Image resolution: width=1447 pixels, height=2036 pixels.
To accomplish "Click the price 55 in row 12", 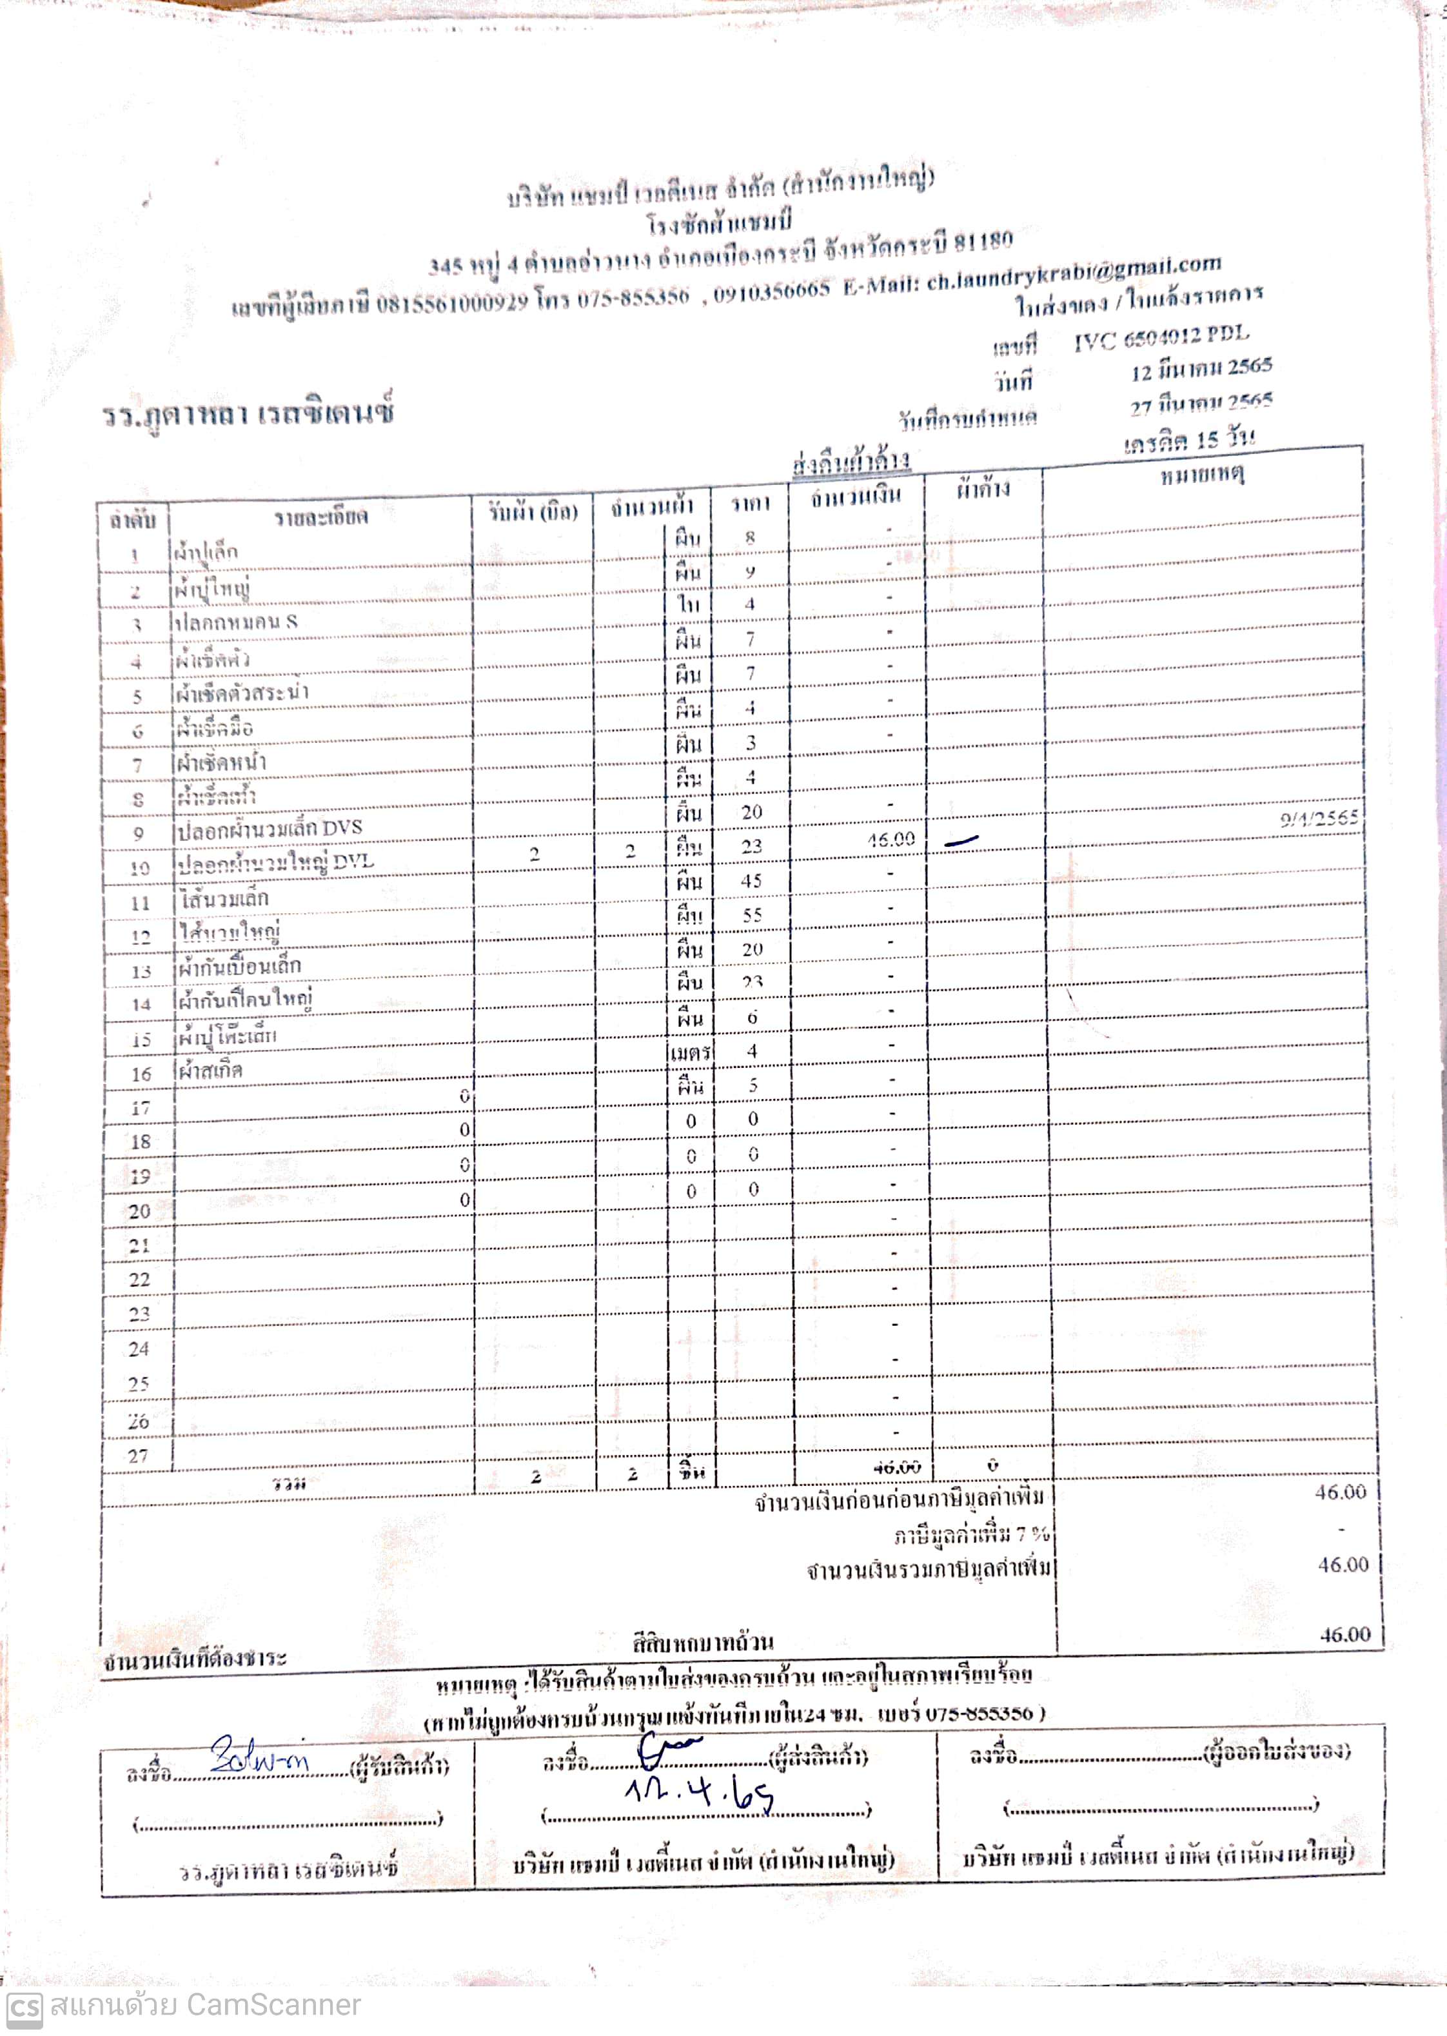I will (752, 915).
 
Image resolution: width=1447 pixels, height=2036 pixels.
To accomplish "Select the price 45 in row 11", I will (751, 880).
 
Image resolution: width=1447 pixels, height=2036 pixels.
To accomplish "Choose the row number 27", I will (137, 1456).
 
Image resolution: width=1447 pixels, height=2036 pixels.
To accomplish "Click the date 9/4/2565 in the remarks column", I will (1319, 818).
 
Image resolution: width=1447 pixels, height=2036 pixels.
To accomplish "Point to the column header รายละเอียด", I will (320, 517).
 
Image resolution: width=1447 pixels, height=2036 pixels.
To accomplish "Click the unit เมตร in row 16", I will (689, 1053).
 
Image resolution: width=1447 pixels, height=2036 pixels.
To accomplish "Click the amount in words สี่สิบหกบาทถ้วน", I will (702, 1641).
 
